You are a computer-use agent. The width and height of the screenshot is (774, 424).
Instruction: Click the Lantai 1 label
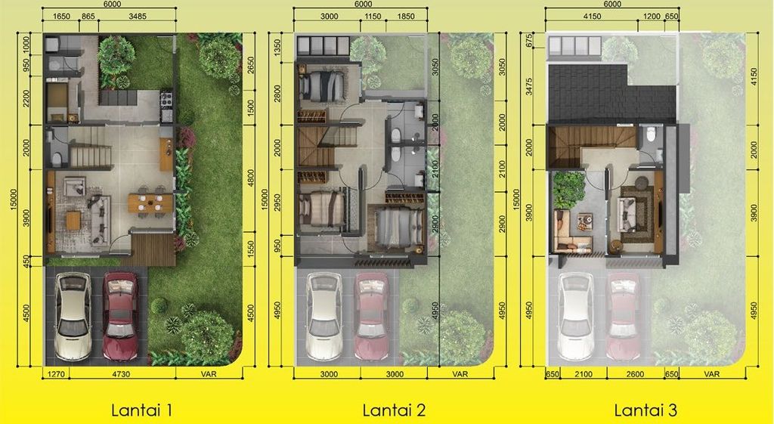click(x=143, y=411)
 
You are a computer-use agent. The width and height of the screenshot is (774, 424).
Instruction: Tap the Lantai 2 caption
click(x=394, y=411)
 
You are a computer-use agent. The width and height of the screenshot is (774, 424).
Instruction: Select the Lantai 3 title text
click(x=646, y=411)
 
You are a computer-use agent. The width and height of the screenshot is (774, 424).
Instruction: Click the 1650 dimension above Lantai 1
click(x=62, y=17)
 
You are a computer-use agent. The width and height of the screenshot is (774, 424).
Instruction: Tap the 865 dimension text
click(x=88, y=17)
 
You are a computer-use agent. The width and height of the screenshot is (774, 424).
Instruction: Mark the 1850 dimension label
click(x=406, y=17)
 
